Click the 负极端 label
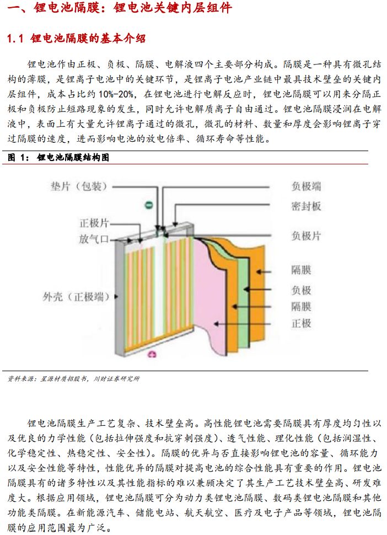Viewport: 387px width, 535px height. (x=306, y=186)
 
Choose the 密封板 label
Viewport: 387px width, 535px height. (x=306, y=206)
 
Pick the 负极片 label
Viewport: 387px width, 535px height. (x=306, y=236)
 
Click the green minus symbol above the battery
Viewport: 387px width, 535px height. (x=148, y=205)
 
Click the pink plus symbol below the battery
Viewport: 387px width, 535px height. (x=152, y=355)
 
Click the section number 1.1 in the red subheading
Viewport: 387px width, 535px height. (x=15, y=39)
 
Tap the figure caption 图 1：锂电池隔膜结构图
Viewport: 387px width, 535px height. (x=58, y=157)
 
